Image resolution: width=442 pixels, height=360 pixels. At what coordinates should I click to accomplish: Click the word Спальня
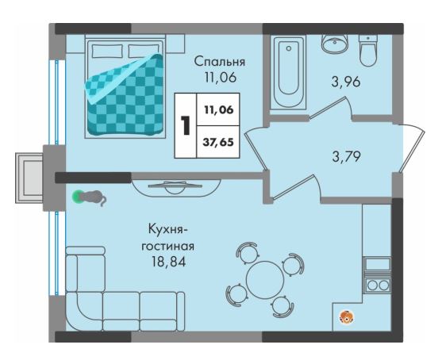click(220, 62)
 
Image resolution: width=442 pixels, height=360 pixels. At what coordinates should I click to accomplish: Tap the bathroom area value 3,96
click(346, 82)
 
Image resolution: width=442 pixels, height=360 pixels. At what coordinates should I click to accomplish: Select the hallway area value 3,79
click(346, 156)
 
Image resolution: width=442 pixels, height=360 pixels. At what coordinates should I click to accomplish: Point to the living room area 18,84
click(168, 262)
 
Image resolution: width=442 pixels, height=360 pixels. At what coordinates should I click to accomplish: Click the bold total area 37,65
click(218, 142)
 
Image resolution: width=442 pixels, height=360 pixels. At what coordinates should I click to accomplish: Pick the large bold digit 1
click(186, 125)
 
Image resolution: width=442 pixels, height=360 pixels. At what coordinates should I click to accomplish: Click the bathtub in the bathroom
click(288, 73)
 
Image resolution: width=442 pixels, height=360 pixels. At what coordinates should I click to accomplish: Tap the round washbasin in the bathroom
click(335, 44)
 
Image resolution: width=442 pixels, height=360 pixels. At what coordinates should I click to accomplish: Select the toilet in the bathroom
click(368, 51)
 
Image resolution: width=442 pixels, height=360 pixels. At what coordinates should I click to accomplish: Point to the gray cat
click(94, 197)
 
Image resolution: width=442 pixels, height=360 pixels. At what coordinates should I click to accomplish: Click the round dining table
click(265, 280)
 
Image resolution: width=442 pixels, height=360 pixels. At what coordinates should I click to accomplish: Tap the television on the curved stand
click(175, 186)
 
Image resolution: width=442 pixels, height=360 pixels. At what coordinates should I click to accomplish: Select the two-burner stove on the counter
click(378, 285)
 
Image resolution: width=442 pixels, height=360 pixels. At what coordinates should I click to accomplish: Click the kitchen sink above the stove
click(378, 264)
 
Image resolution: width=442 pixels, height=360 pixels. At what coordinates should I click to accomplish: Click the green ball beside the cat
click(78, 197)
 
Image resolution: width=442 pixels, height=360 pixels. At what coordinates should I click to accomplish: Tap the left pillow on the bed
click(108, 51)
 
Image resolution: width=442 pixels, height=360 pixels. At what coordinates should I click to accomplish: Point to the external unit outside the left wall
click(29, 178)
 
